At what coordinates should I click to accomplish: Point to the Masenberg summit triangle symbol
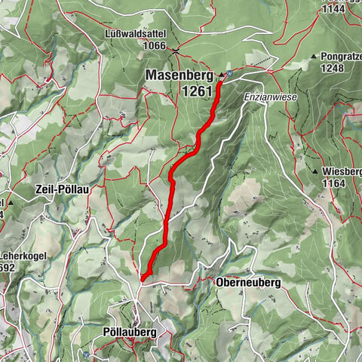click(221, 75)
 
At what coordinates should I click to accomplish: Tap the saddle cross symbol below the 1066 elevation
click(174, 51)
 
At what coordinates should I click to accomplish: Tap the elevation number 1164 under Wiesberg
click(331, 183)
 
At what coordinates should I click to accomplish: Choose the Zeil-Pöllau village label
click(62, 190)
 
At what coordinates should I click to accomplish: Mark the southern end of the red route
click(142, 280)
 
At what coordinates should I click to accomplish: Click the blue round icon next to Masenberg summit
click(229, 74)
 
